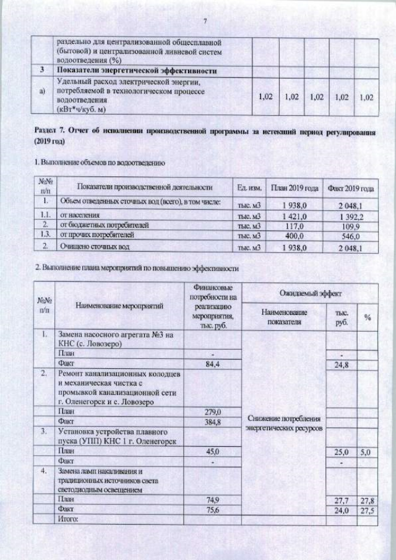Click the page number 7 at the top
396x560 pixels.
point(204,22)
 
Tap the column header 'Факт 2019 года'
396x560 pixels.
point(350,187)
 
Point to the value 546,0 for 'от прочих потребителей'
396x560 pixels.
point(350,236)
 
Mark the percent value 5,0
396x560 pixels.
point(366,452)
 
